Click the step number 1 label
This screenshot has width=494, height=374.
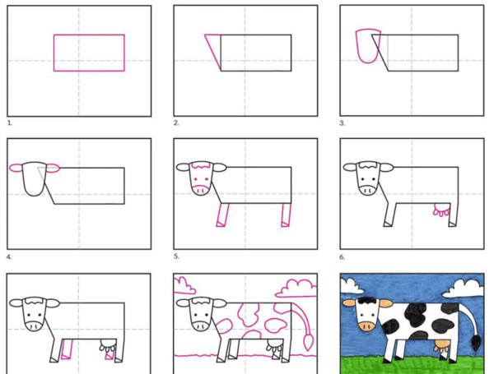coord(10,123)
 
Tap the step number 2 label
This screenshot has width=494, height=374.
coord(176,122)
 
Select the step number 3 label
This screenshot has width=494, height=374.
coord(343,123)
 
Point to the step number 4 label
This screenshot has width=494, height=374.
coord(9,257)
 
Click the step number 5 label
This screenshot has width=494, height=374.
coord(176,256)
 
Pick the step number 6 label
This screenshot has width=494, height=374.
coord(343,257)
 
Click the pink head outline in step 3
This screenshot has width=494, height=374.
coord(357,47)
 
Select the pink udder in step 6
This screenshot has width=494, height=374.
coord(441,210)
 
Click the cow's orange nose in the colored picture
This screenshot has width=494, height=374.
coord(367,326)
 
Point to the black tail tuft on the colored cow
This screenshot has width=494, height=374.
coord(476,343)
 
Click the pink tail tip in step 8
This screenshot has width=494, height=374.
coord(309,343)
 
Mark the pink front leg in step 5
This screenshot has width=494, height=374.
coord(222,215)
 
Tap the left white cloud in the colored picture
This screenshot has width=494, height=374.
coord(352,284)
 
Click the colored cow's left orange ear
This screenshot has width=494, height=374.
coord(349,303)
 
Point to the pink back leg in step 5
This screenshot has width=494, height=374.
coord(286,215)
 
